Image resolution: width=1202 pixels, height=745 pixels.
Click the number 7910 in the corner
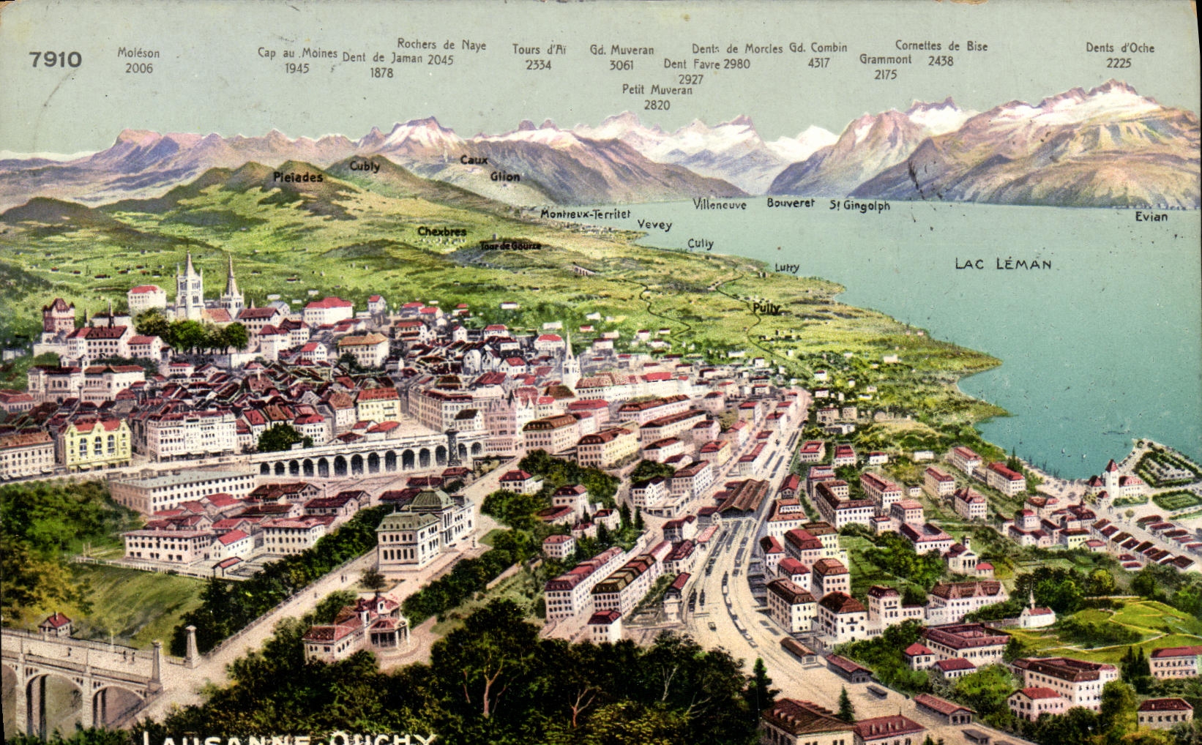[x=56, y=59]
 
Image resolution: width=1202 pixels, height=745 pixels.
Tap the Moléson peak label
[x=138, y=53]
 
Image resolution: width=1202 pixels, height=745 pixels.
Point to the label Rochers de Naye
[x=441, y=45]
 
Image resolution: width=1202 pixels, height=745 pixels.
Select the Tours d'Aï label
[x=539, y=49]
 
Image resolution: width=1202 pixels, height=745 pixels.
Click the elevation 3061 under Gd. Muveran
[x=621, y=65]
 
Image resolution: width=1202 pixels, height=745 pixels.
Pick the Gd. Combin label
[x=818, y=48]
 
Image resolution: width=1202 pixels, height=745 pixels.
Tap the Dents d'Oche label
[x=1119, y=48]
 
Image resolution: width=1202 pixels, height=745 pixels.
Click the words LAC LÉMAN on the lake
[x=1003, y=263]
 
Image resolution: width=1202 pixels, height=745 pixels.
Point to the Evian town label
[x=1151, y=217]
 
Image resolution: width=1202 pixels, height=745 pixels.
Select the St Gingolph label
[x=859, y=206]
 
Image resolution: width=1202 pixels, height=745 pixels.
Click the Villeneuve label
[x=720, y=204]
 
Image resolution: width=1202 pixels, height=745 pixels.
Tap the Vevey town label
[x=654, y=225]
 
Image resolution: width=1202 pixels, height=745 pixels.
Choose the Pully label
[x=766, y=308]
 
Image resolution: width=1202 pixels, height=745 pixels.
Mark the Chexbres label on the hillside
[x=441, y=231]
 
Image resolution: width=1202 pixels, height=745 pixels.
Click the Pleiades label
[x=298, y=177]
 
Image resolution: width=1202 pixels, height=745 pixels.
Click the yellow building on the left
[x=97, y=443]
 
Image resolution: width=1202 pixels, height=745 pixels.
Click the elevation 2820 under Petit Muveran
[x=657, y=105]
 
